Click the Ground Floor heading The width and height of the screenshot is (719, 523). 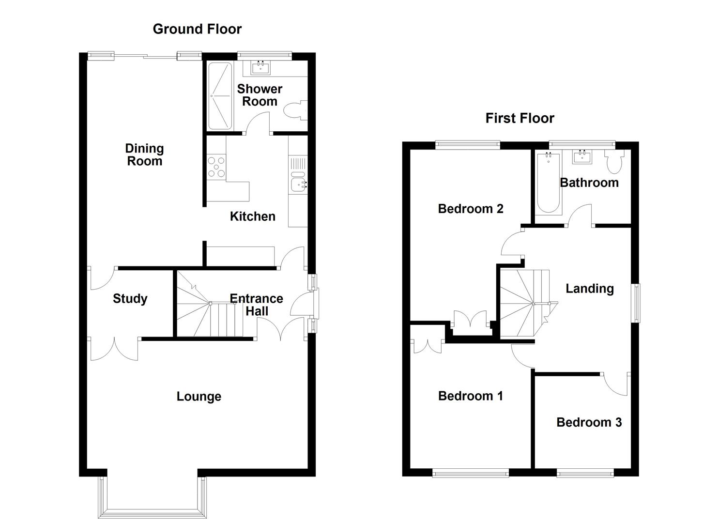click(197, 29)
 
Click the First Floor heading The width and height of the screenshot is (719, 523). click(520, 118)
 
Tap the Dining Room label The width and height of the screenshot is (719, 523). click(144, 155)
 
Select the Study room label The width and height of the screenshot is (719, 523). click(130, 299)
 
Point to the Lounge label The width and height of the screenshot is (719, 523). click(199, 397)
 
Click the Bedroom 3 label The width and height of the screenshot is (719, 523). click(589, 422)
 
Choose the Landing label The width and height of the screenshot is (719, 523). click(589, 289)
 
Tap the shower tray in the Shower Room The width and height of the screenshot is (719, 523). click(220, 96)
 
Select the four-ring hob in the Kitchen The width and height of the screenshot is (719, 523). click(216, 167)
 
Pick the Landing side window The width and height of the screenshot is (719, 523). click(636, 303)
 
